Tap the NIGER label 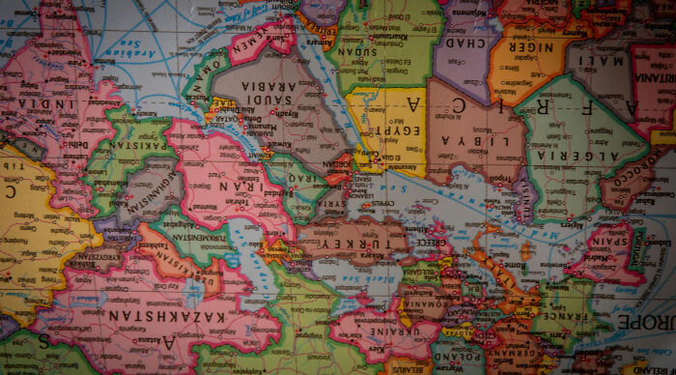[x=530, y=46]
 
